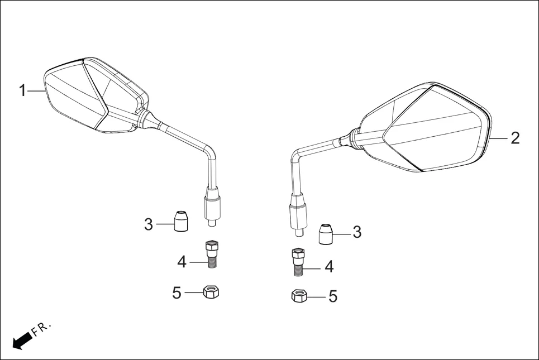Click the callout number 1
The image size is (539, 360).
pyautogui.click(x=23, y=90)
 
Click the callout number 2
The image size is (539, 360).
pyautogui.click(x=514, y=138)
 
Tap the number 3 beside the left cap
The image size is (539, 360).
pyautogui.click(x=148, y=225)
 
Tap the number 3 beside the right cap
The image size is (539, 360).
pyautogui.click(x=356, y=232)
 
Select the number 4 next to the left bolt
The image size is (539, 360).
pyautogui.click(x=182, y=261)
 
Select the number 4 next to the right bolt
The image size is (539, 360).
pyautogui.click(x=329, y=267)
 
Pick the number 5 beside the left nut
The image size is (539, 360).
pyautogui.click(x=177, y=292)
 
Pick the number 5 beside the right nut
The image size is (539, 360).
pyautogui.click(x=332, y=296)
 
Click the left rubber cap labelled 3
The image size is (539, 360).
pyautogui.click(x=180, y=221)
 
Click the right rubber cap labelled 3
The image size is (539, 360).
pyautogui.click(x=326, y=234)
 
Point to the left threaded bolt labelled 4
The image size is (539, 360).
pyautogui.click(x=212, y=253)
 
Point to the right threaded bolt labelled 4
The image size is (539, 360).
pyautogui.click(x=298, y=261)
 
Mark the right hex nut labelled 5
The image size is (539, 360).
pyautogui.click(x=300, y=296)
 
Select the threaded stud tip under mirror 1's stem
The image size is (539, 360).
pyautogui.click(x=213, y=222)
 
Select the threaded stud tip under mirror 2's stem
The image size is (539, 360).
pyautogui.click(x=300, y=230)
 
